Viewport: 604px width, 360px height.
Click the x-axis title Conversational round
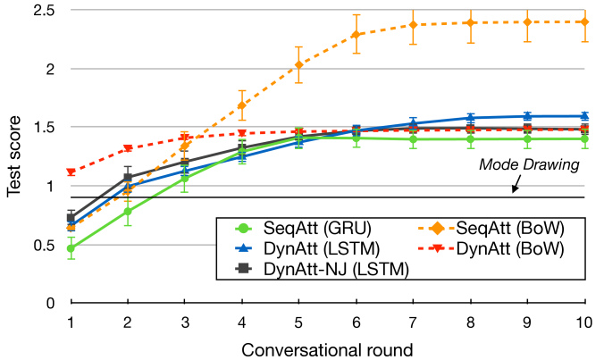coord(327,344)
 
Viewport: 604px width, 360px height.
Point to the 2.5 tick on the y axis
coord(43,10)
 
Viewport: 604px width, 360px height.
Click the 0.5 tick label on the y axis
coord(43,245)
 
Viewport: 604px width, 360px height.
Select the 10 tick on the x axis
coord(585,320)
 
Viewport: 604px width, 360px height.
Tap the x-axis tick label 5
coord(299,320)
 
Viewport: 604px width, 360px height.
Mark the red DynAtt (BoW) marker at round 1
coord(71,172)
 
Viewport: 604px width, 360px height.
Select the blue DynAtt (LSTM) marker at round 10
coord(585,115)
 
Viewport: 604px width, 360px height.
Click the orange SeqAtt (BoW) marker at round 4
coord(242,105)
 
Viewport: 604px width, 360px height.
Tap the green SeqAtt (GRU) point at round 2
coord(128,212)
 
